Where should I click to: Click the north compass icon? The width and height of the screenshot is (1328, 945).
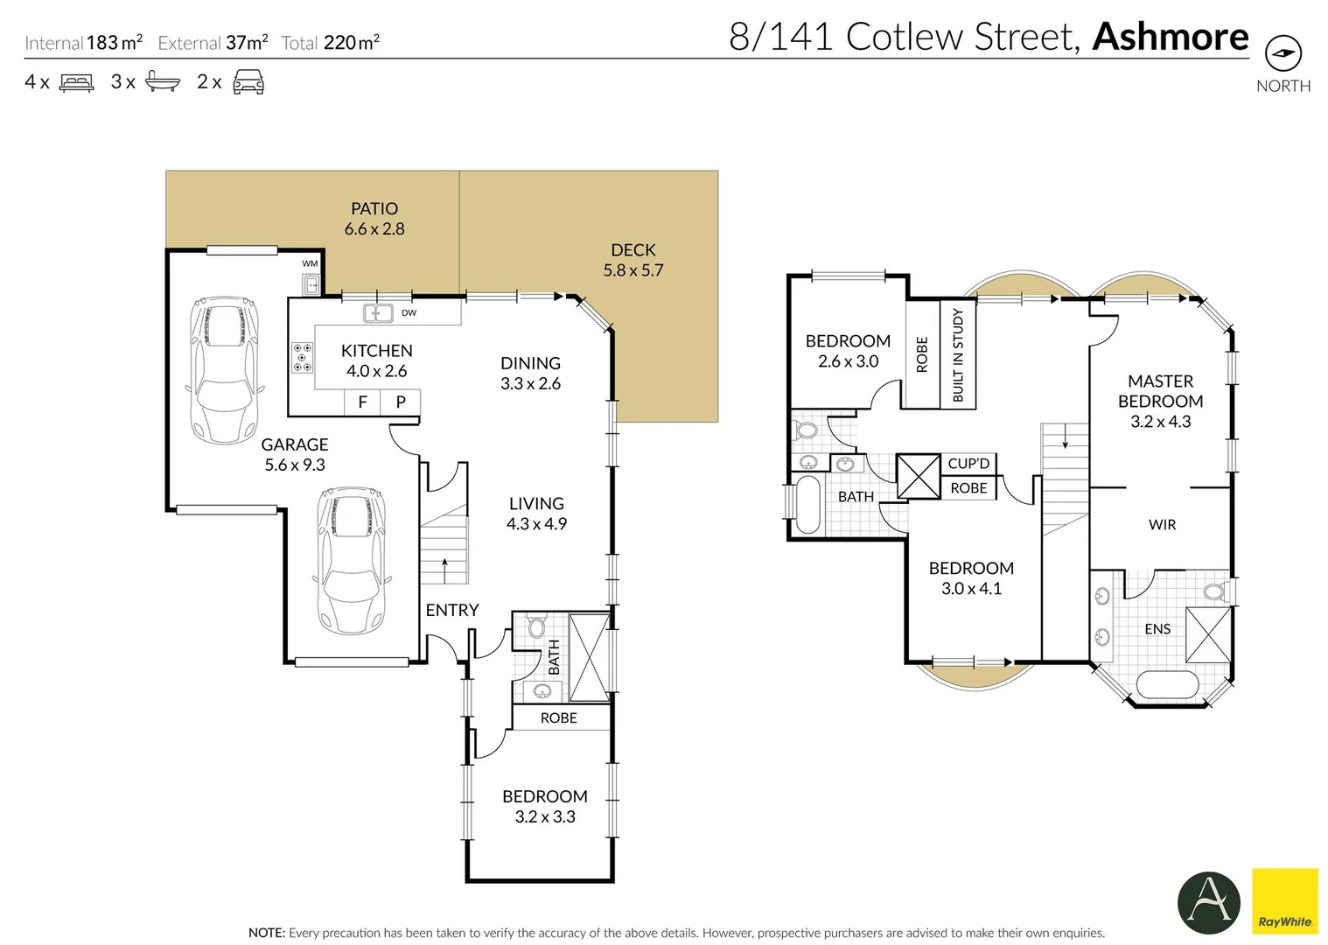[1283, 53]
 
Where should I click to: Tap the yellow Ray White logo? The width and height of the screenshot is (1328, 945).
[1285, 902]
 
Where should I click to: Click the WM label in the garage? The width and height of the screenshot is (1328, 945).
[310, 264]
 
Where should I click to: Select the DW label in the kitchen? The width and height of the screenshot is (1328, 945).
[409, 313]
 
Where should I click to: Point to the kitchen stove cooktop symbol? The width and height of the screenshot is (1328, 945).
[302, 358]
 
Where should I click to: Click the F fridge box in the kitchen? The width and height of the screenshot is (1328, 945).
[362, 402]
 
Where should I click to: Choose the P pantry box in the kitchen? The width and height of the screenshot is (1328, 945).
[401, 402]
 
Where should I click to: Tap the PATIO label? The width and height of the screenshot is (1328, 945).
[374, 208]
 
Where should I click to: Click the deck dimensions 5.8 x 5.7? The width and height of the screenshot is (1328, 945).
[633, 270]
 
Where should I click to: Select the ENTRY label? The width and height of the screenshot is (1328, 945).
[452, 610]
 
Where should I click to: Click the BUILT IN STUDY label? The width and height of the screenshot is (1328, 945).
[958, 355]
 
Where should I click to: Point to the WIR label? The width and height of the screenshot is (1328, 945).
[1162, 525]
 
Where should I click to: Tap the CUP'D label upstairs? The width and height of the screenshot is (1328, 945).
[968, 464]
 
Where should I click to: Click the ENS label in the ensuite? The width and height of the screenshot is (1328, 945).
[1158, 629]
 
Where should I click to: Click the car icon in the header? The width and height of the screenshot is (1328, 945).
[248, 82]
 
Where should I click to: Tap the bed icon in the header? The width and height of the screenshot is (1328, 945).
[76, 82]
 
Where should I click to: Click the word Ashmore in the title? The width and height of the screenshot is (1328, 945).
[1171, 37]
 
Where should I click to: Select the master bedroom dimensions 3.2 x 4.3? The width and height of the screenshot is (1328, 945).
[1161, 422]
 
